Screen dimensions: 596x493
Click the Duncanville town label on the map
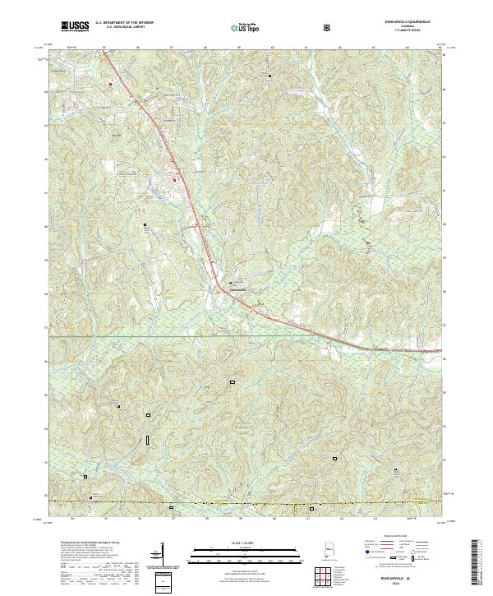236,289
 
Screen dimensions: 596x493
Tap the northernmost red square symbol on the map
109,81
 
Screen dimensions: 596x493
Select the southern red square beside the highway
174,178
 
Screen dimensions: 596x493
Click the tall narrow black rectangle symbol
148,440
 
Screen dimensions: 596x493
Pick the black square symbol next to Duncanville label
230,284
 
